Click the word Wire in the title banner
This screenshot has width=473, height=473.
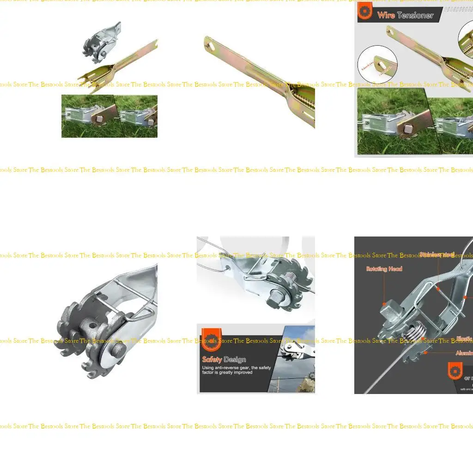tap(386, 15)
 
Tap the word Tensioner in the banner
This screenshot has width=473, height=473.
tap(415, 15)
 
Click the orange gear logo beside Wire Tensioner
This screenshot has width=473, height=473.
tap(365, 11)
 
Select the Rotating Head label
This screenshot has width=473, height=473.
tap(384, 269)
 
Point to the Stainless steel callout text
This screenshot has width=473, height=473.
tap(437, 255)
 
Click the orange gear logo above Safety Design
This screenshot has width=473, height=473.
tap(212, 339)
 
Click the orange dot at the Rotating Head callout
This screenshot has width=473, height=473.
tap(384, 304)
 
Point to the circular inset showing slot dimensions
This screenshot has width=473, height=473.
tap(377, 64)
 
